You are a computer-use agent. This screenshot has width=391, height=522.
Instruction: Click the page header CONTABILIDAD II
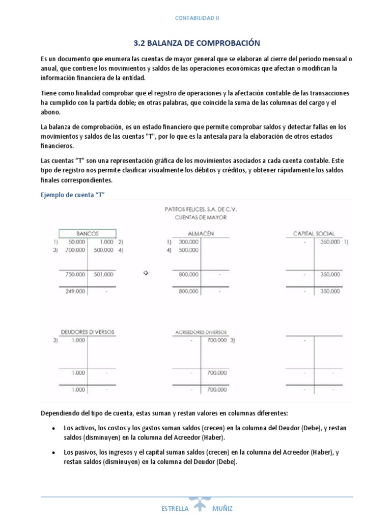pos(197,18)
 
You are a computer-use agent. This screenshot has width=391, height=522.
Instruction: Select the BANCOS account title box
pos(88,233)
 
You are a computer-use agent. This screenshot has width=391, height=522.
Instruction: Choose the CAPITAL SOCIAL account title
pos(314,233)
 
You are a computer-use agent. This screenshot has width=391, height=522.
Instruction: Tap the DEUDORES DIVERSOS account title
pos(88,332)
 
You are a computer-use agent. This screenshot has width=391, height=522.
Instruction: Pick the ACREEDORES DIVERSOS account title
pos(200,332)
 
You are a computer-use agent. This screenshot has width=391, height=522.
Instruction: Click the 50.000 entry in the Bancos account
pos(76,242)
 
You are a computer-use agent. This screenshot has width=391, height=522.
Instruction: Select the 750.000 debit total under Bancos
pos(75,274)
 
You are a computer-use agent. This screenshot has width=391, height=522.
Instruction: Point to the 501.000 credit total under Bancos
pos(104,274)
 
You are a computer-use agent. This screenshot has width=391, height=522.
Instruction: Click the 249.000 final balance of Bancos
pos(75,291)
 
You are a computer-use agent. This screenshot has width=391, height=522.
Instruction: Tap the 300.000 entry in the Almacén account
pos(188,242)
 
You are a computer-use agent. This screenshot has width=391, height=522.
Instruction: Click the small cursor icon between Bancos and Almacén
pos(146,274)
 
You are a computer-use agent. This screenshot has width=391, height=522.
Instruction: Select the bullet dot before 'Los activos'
pos(53,429)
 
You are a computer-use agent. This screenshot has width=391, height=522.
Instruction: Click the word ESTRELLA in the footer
pos(175,509)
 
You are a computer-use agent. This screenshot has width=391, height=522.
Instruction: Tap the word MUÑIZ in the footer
pos(223,509)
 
